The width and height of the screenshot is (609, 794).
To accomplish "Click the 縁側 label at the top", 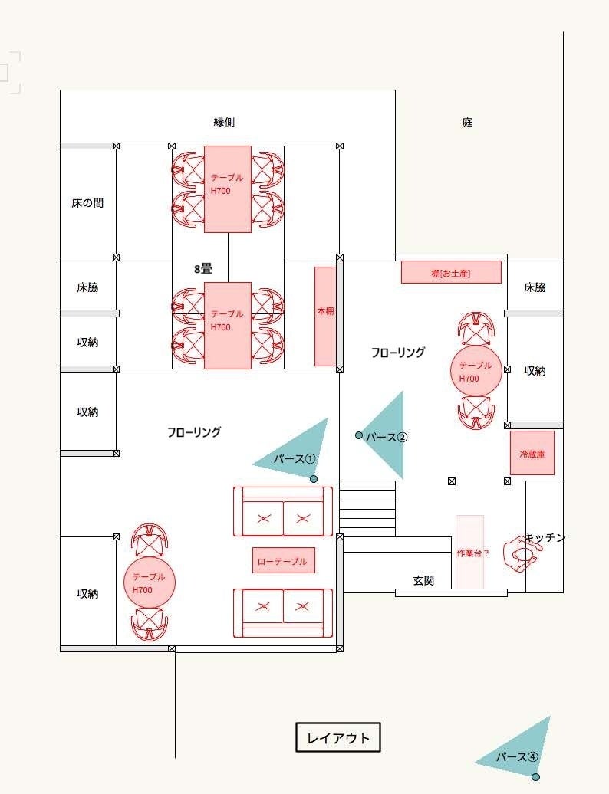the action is (x=224, y=122).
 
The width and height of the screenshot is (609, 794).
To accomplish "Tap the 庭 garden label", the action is (x=467, y=122).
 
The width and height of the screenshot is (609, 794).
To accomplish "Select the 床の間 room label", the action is (x=87, y=203).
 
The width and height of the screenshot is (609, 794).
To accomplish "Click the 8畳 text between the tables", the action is (x=203, y=269).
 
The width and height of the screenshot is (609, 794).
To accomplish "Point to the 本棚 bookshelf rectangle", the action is (x=325, y=316).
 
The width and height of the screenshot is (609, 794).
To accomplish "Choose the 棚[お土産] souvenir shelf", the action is (x=451, y=272).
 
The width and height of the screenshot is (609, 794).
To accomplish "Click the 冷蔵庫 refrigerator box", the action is (x=532, y=453).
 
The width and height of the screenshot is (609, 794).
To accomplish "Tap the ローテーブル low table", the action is (x=284, y=560).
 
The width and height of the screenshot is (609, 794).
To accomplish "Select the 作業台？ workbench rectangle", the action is (x=469, y=552).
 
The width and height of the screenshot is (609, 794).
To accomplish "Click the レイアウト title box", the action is (x=338, y=737).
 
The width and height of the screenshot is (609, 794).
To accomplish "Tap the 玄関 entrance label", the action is (x=423, y=581).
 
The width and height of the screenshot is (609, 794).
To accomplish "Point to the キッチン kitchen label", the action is (x=545, y=537).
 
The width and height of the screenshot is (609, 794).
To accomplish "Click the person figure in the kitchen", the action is (x=519, y=554).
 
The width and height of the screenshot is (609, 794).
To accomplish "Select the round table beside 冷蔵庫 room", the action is (x=476, y=371).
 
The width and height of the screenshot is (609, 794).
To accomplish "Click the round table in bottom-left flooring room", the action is (x=150, y=582).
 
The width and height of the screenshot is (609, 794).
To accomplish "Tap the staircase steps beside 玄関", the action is (x=367, y=508).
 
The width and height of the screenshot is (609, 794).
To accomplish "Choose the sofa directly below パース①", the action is (x=283, y=511).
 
